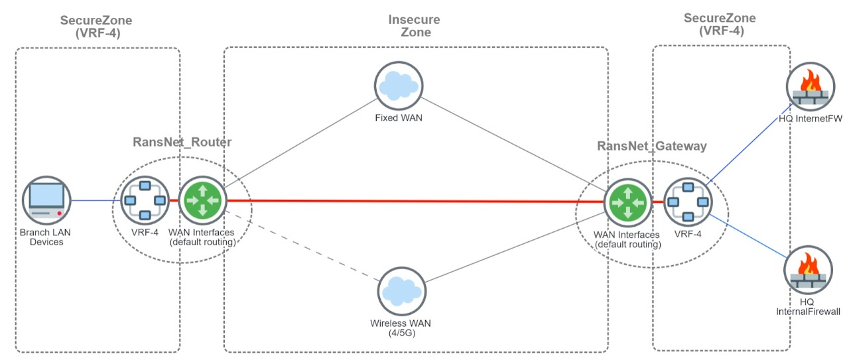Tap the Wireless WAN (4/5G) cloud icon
point(402,292)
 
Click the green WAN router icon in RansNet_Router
point(203,200)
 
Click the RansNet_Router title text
point(182,142)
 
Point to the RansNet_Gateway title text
point(651,146)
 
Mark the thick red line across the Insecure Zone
point(411,201)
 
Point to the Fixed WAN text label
point(398,119)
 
